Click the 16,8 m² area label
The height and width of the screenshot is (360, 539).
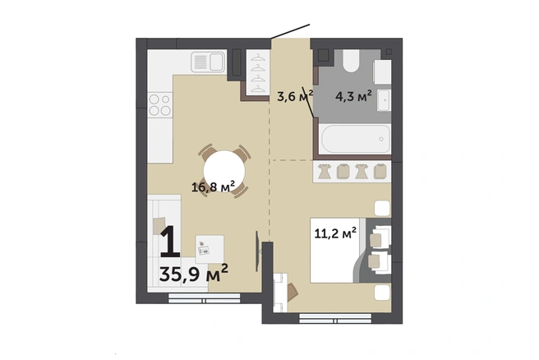coord(213,187)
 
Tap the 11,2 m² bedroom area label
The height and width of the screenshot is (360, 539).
coord(335,233)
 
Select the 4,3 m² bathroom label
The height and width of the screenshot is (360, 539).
coord(353,96)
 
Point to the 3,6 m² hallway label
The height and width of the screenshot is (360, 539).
coord(295,96)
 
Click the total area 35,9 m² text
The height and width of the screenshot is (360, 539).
coord(194,273)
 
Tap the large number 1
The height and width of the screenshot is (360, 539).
coord(170,242)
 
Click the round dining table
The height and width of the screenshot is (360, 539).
coord(224,171)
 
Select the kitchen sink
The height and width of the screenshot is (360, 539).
coord(209,62)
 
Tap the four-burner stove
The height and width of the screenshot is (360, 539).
coord(160,105)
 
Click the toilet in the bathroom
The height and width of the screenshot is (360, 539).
coord(351,61)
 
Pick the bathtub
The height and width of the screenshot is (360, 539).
coord(355,139)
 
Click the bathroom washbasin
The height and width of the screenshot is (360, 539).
coord(384,100)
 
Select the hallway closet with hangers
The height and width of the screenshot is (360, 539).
coord(258,72)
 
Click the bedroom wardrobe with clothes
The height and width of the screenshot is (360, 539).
coord(352,171)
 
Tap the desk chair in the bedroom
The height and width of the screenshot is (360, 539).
coord(293,291)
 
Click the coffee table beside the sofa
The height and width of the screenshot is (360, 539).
coord(210,250)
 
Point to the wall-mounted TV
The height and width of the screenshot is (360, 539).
coord(257,251)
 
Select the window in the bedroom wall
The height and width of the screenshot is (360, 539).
coord(335,318)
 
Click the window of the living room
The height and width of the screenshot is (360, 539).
coord(205,298)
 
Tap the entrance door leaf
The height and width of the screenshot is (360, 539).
coord(291,31)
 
